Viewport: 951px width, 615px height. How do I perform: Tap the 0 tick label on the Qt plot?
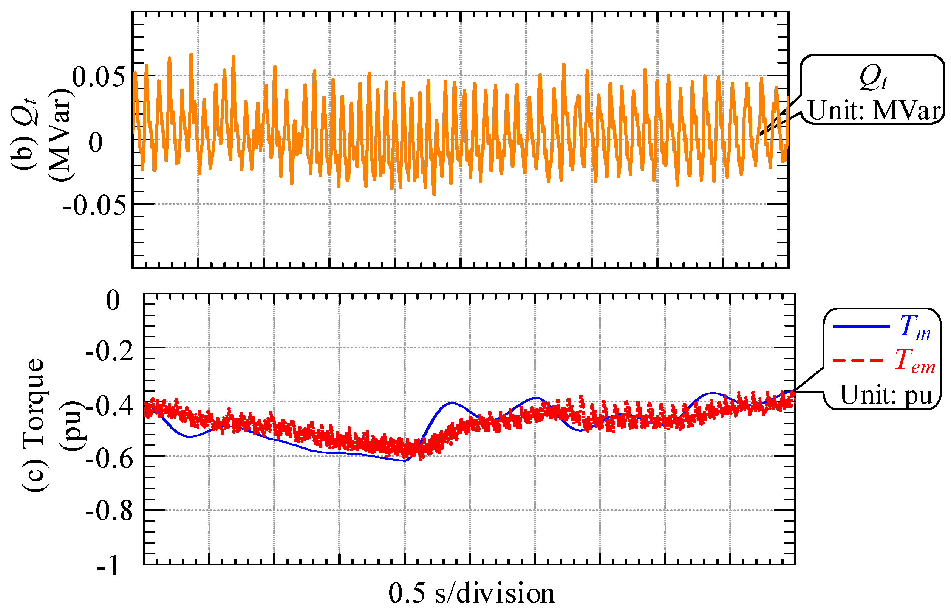click(x=96, y=142)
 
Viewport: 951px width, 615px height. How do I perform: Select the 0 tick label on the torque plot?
click(x=113, y=300)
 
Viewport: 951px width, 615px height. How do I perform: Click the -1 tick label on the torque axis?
click(x=108, y=566)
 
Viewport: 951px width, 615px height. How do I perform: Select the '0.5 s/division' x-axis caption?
click(x=471, y=593)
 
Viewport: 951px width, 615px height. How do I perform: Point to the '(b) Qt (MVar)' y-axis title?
click(x=42, y=135)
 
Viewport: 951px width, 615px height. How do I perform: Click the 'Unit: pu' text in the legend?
click(x=886, y=395)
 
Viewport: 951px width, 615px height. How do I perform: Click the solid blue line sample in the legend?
click(x=861, y=327)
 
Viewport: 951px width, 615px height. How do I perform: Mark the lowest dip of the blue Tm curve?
click(x=404, y=461)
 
